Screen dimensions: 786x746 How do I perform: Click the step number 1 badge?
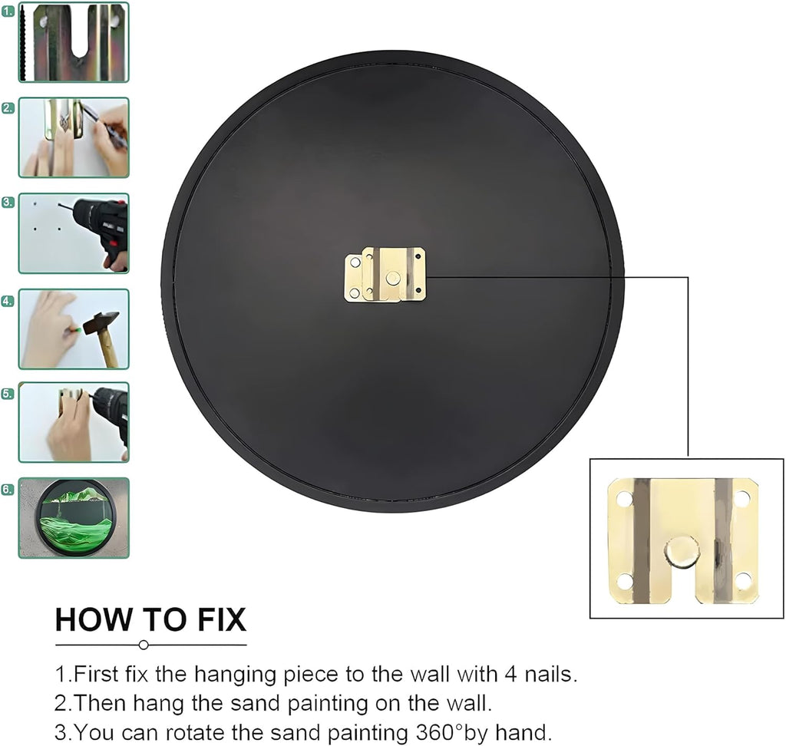pos(8,11)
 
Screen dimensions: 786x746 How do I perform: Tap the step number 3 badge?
pos(8,202)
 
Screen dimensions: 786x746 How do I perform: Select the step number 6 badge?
pos(8,489)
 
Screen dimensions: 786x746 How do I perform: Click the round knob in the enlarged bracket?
pos(682,551)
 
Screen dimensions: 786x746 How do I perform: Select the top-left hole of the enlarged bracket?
pos(625,499)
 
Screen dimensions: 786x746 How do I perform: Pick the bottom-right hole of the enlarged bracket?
pos(743,581)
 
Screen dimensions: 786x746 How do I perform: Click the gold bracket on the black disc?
pos(385,274)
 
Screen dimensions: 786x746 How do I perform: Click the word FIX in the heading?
pos(222,619)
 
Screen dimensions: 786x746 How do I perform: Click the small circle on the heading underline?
pos(144,645)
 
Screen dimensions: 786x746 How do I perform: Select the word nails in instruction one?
pos(548,675)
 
